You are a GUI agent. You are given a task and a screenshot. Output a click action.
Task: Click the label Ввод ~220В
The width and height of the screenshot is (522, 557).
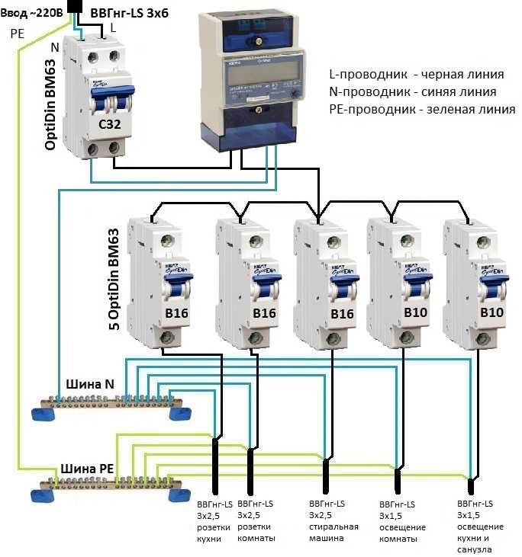tap(33, 9)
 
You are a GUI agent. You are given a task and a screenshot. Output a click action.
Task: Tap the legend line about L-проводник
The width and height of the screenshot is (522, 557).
tap(416, 75)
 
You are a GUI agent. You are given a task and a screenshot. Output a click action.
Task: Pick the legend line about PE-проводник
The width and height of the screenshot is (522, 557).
tap(421, 110)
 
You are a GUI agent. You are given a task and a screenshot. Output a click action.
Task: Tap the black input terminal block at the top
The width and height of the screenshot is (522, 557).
tap(76, 7)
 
